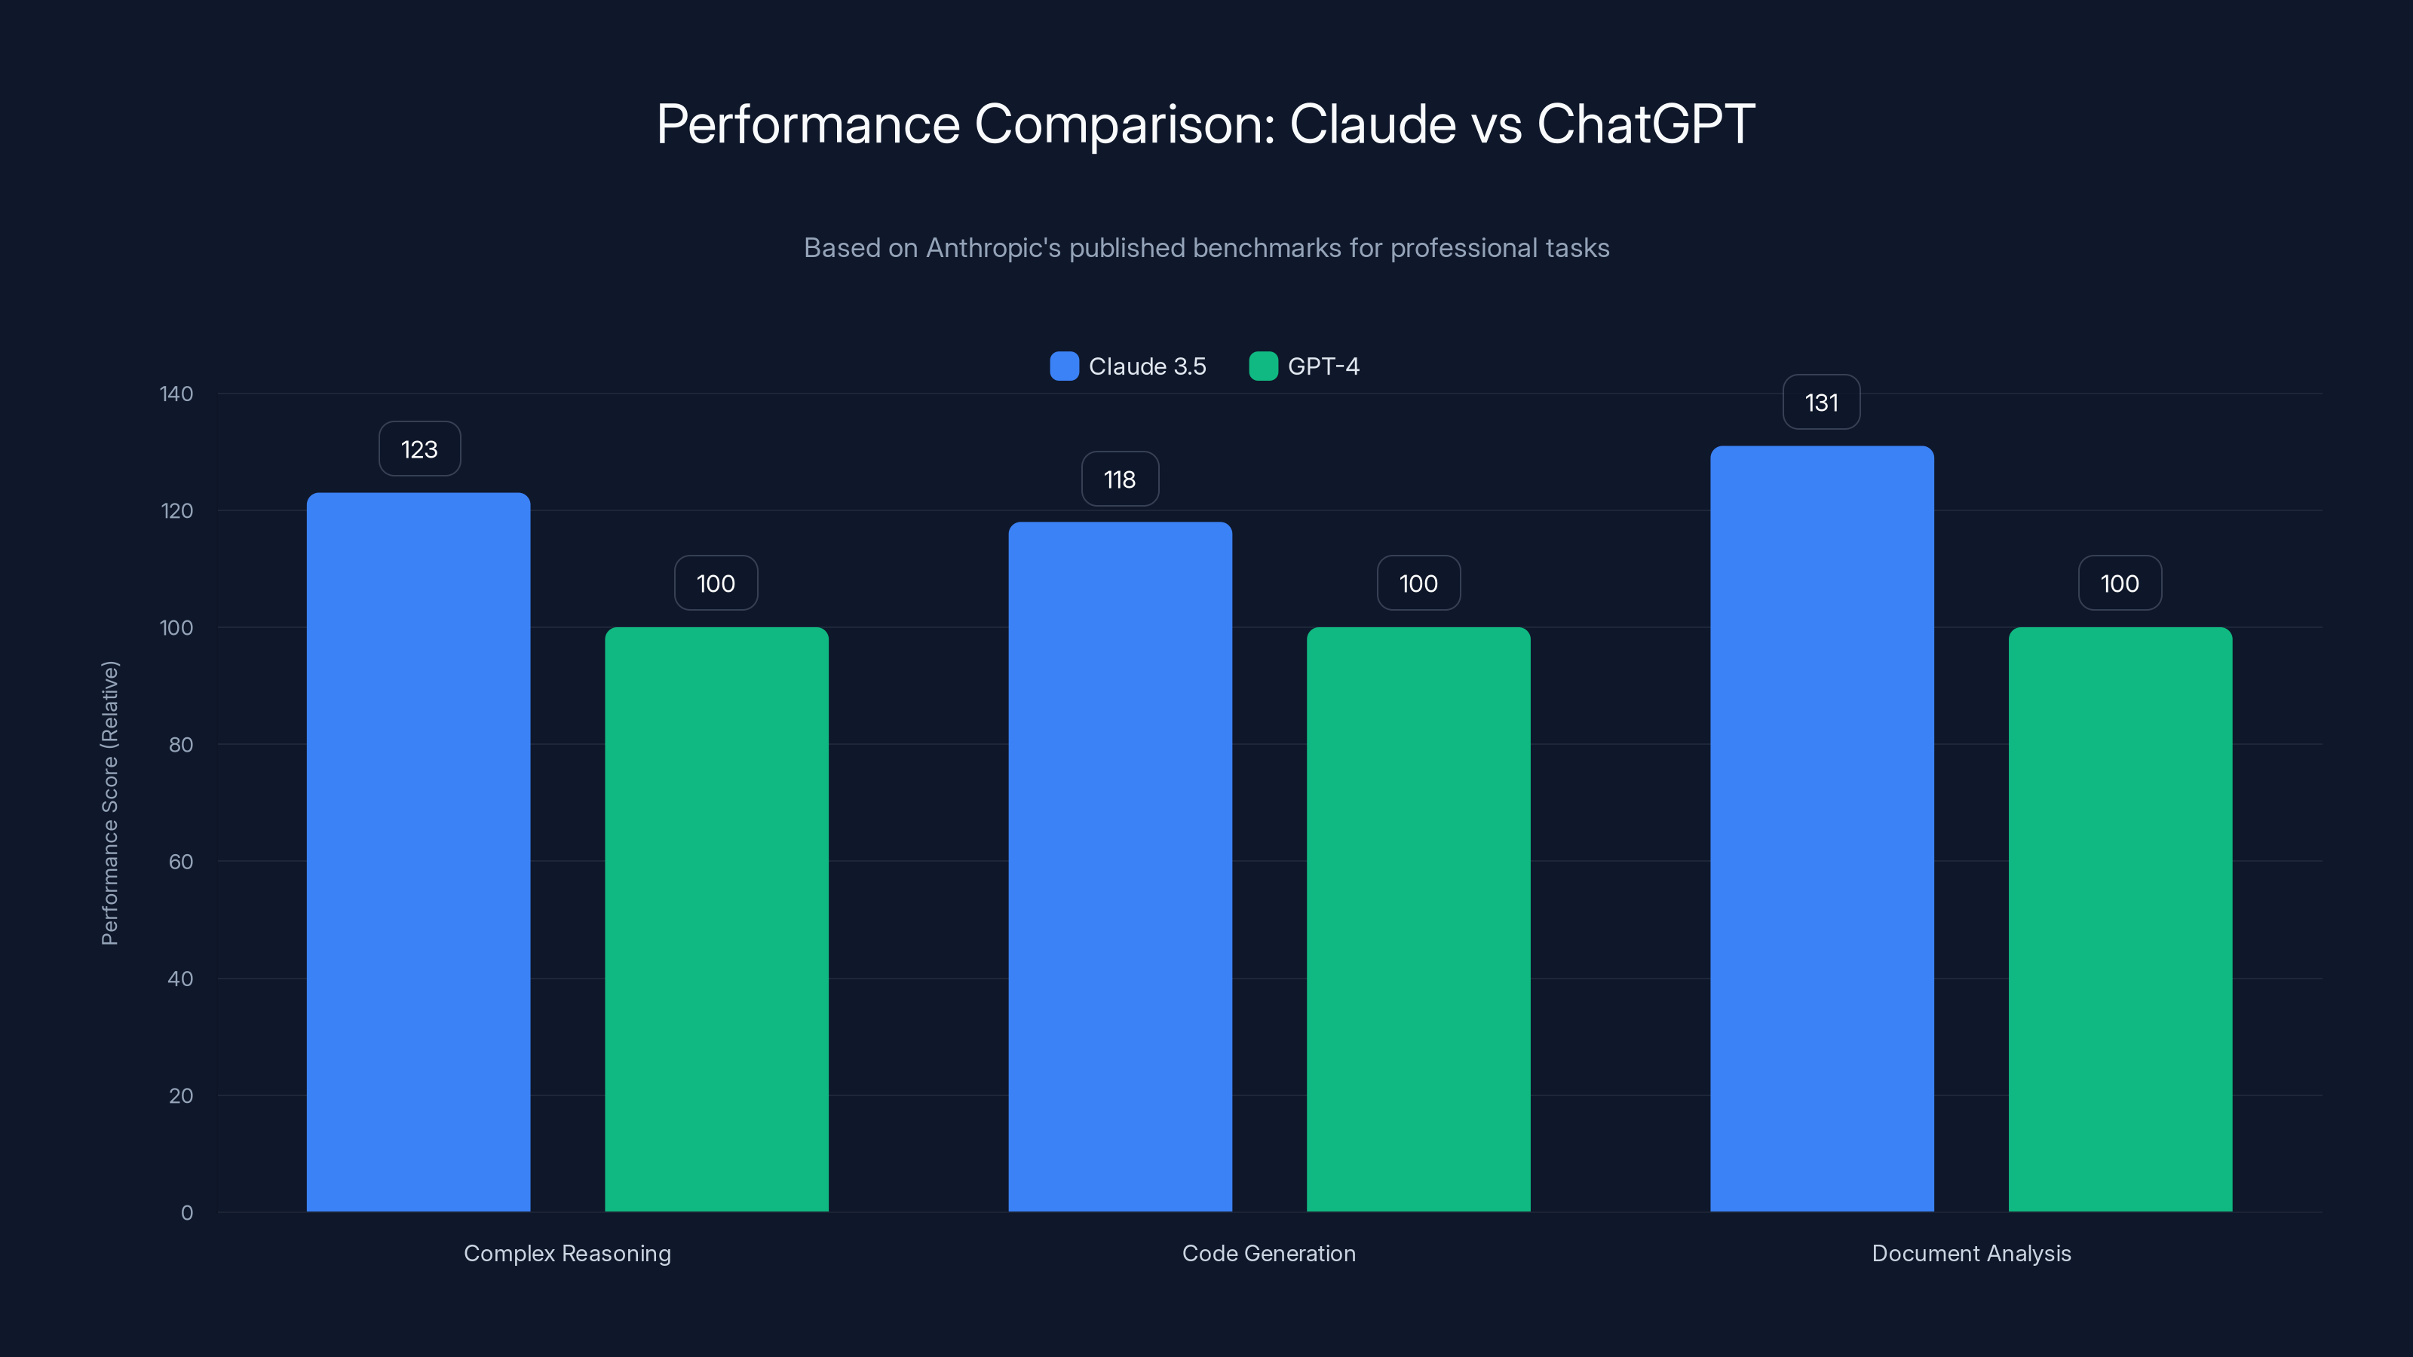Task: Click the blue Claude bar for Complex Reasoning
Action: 418,852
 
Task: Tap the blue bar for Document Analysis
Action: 1822,829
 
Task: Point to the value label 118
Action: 1119,479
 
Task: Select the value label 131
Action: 1821,403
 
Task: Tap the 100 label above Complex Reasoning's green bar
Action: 716,584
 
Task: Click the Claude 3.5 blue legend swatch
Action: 1064,366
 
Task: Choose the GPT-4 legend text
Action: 1323,366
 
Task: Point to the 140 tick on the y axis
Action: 176,394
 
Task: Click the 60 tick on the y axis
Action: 181,862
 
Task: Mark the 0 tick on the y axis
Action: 186,1213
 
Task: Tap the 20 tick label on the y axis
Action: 181,1095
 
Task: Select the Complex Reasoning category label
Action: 567,1253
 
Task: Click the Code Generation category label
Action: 1268,1253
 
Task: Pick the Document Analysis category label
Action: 1971,1253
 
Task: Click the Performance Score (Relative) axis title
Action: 109,803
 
